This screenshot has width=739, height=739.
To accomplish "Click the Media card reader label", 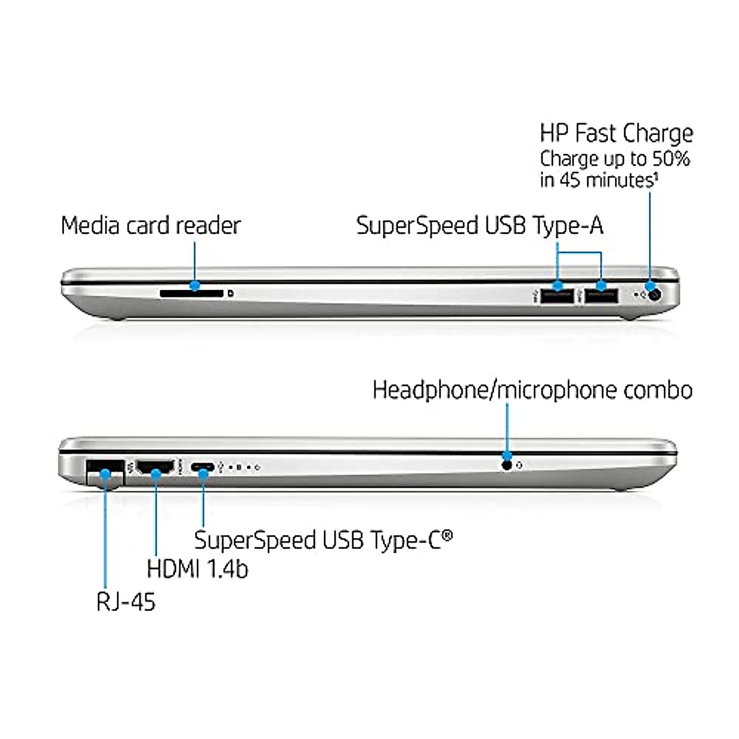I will tap(150, 225).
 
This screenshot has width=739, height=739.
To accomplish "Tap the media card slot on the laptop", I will tap(191, 293).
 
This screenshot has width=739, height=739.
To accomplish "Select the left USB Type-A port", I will tap(557, 296).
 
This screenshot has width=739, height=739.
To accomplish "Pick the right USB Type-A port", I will tap(601, 296).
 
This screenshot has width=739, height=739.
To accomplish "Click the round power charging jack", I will tap(654, 295).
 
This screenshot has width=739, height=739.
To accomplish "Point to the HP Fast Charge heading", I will tap(616, 134).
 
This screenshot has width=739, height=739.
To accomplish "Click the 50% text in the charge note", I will tap(671, 159).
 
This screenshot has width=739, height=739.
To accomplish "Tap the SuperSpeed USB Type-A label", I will tap(479, 225).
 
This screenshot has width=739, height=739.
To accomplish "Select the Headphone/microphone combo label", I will tap(532, 390).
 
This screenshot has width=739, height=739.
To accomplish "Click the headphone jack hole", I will tap(507, 465).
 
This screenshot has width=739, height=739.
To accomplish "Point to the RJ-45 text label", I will tap(126, 601).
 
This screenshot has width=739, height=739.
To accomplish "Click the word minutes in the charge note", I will tap(618, 180).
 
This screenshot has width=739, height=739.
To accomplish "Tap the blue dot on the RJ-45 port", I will tap(105, 473).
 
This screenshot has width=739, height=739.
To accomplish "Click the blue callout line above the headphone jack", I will tap(507, 428).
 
